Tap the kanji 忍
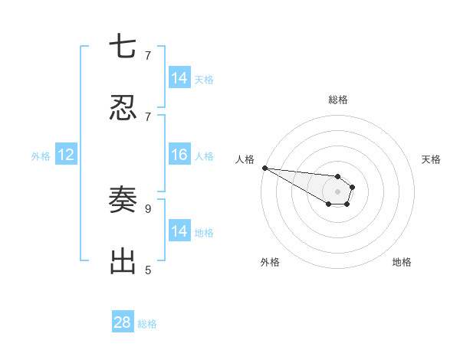point(123,108)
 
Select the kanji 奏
point(123,200)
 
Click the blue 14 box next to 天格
point(179,78)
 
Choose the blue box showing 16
point(179,155)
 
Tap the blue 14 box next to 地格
point(179,231)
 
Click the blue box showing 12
point(66,155)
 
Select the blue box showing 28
point(123,322)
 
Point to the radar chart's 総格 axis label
point(338,100)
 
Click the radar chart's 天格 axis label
point(432,159)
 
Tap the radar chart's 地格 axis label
point(402,262)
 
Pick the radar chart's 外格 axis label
point(270,262)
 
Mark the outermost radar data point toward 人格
point(264,168)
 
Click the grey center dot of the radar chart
point(338,191)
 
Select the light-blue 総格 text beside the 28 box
point(147,324)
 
